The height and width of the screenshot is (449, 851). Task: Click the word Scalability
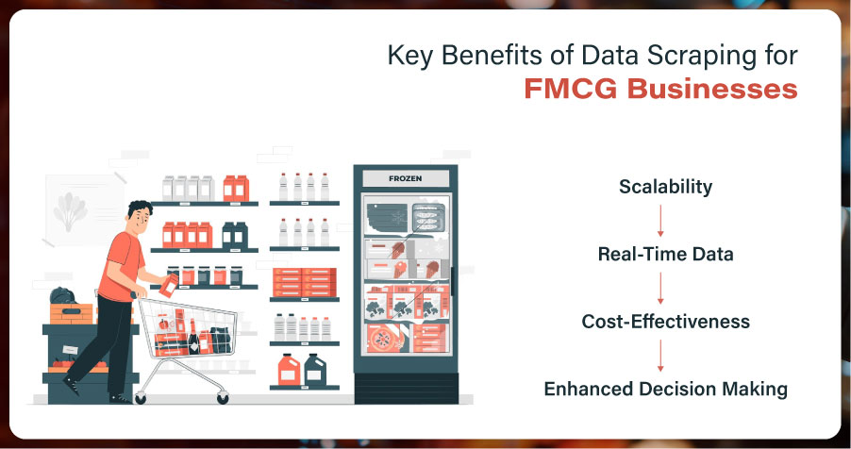[x=665, y=187]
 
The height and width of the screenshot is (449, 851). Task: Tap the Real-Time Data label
[x=665, y=254]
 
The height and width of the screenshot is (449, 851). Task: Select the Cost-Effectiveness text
[x=665, y=322]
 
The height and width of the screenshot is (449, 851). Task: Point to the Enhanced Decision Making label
[x=665, y=389]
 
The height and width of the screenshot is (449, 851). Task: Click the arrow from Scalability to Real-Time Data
[x=660, y=221]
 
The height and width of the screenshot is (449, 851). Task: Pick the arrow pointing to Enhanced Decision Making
[x=660, y=356]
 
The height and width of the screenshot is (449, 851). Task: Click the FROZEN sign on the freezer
[x=406, y=178]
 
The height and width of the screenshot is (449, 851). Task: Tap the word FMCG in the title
[x=571, y=89]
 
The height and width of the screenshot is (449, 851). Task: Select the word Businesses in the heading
[x=712, y=89]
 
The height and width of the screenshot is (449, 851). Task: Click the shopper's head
[x=139, y=216]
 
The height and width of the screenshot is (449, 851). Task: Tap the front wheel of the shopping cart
[x=223, y=398]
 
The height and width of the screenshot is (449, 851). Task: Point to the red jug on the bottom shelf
[x=289, y=370]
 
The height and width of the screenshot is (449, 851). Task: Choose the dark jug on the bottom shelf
[x=315, y=370]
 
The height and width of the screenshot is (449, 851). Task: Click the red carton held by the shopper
[x=168, y=285]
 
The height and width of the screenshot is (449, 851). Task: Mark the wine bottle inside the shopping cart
[x=193, y=337]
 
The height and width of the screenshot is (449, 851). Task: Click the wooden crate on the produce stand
[x=71, y=313]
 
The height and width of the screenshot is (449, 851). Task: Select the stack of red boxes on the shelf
[x=304, y=282]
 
